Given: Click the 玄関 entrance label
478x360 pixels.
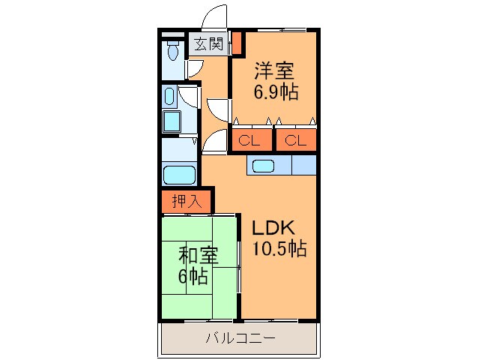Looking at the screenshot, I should click(x=209, y=44).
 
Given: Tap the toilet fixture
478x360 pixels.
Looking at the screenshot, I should click(x=174, y=51).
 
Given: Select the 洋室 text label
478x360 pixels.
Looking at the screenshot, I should click(x=273, y=72).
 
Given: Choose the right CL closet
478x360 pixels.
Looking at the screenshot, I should click(x=295, y=139).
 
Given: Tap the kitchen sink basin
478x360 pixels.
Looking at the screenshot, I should click(x=264, y=166).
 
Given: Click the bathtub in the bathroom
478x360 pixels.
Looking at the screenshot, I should click(x=180, y=176).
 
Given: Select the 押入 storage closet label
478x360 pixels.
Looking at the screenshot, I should click(x=187, y=201).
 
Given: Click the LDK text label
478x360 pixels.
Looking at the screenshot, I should click(x=273, y=228).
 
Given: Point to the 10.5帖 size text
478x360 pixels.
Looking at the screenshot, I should click(x=278, y=250).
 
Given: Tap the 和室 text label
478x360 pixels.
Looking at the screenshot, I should click(x=198, y=256).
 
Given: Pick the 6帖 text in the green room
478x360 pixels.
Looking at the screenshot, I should click(x=193, y=276).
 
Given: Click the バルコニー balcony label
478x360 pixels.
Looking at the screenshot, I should click(x=240, y=338).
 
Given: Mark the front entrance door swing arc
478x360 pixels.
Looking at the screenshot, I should click(x=215, y=16).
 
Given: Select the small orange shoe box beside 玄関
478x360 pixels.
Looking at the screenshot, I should click(x=237, y=43).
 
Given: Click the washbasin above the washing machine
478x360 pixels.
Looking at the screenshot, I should click(x=169, y=96).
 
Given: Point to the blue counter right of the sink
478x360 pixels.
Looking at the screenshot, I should click(x=303, y=165).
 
